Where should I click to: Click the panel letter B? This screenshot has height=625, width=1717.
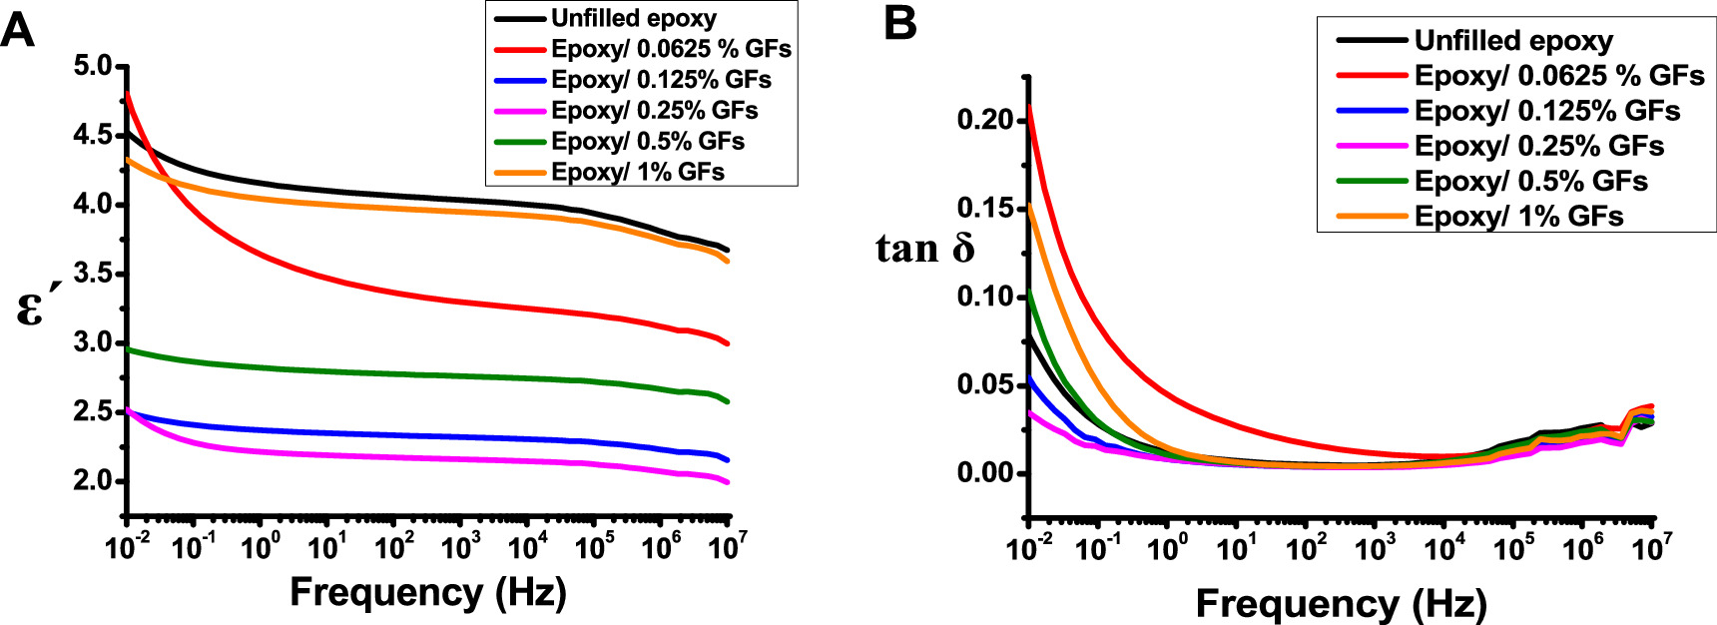pyautogui.click(x=900, y=22)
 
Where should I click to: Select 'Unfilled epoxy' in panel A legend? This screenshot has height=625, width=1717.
pyautogui.click(x=633, y=18)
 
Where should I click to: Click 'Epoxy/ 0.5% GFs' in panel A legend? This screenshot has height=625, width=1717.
pyautogui.click(x=647, y=141)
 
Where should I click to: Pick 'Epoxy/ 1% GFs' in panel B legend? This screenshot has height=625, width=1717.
pyautogui.click(x=1518, y=216)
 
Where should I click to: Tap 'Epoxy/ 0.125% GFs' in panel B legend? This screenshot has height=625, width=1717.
pyautogui.click(x=1546, y=111)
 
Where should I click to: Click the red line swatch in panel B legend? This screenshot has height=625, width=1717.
pyautogui.click(x=1373, y=76)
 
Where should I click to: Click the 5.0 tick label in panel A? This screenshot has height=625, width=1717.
pyautogui.click(x=94, y=67)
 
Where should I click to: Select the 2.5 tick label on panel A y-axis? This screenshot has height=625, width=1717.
pyautogui.click(x=94, y=411)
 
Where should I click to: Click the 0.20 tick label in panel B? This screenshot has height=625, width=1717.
pyautogui.click(x=984, y=120)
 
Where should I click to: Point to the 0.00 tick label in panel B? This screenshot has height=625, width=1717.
pyautogui.click(x=984, y=472)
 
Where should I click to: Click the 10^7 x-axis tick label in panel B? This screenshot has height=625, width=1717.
pyautogui.click(x=1652, y=547)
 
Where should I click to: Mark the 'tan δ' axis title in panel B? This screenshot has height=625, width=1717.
pyautogui.click(x=924, y=249)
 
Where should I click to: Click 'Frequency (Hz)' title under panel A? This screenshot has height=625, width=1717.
pyautogui.click(x=428, y=592)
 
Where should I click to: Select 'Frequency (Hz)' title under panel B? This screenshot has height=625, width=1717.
pyautogui.click(x=1341, y=604)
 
